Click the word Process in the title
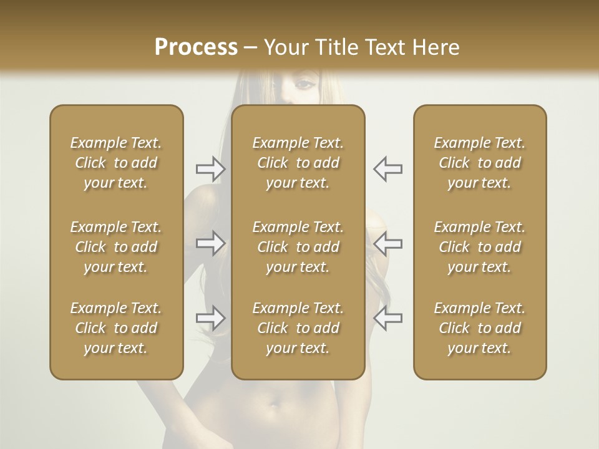[196, 47]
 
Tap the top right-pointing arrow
[210, 169]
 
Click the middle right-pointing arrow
[210, 243]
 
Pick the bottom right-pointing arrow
[210, 318]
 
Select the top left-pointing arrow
[387, 169]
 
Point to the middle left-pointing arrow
[387, 243]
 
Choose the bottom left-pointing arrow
[387, 318]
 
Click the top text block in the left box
[116, 163]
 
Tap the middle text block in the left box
[116, 247]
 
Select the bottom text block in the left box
[116, 328]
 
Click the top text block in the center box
[298, 163]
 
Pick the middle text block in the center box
[298, 247]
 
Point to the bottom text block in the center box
[298, 328]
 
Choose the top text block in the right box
[480, 163]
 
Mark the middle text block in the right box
[480, 247]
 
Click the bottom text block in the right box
[480, 328]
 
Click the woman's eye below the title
[304, 84]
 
